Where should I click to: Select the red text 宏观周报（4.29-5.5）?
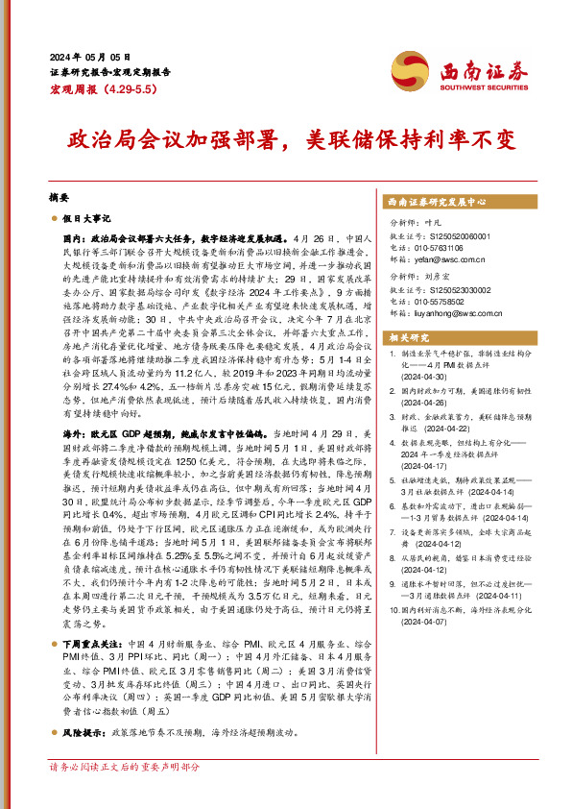pos(99,87)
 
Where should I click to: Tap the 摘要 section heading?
pos(59,196)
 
